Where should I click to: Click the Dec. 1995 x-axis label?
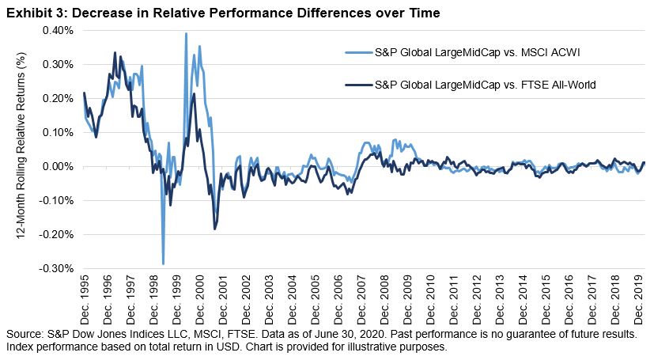coord(85,297)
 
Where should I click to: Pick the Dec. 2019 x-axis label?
coord(640,297)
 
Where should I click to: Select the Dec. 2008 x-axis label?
coord(385,297)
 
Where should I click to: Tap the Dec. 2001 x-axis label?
coord(223,297)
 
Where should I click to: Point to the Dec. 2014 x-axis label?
coord(524,297)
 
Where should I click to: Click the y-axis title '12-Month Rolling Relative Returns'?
coord(22,150)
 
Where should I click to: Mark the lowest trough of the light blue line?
coord(164,263)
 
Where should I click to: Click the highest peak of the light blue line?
coord(186,34)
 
